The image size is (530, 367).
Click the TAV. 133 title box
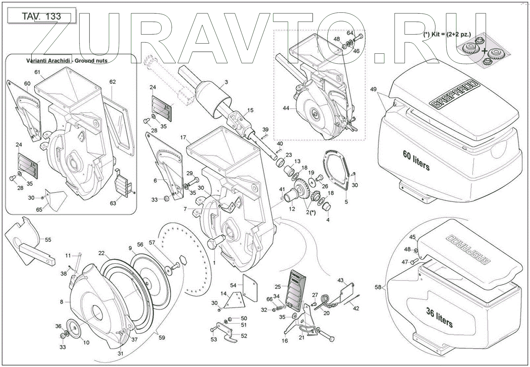click(42, 16)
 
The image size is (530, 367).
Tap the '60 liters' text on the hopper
click(416, 161)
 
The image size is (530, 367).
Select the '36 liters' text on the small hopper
click(439, 317)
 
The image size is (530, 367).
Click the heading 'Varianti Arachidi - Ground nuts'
click(67, 61)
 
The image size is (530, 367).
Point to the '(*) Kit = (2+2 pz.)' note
click(447, 34)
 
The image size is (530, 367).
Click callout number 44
click(286, 108)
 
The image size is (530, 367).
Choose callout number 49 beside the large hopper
click(373, 89)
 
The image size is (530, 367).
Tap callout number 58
click(378, 287)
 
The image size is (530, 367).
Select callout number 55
click(48, 240)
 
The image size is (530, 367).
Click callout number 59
click(162, 337)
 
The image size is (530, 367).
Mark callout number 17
click(183, 137)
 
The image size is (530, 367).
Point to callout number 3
click(226, 82)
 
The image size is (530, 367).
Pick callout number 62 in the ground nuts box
click(113, 82)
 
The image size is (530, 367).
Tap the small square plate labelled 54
click(250, 288)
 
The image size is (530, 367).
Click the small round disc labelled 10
click(74, 327)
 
